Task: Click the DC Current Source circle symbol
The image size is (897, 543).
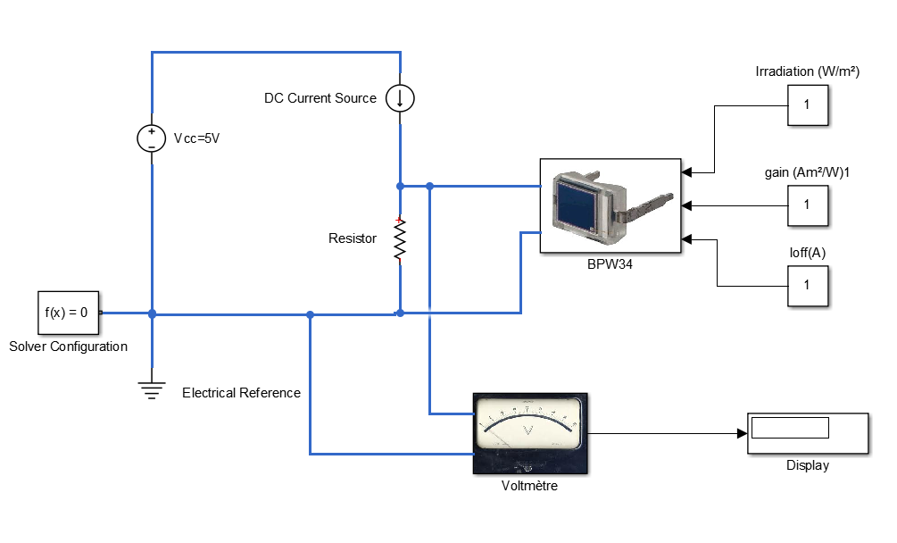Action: (x=400, y=98)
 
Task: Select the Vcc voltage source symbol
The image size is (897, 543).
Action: (x=152, y=138)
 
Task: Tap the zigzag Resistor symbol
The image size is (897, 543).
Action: (x=400, y=240)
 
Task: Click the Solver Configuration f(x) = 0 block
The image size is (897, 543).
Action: (x=67, y=313)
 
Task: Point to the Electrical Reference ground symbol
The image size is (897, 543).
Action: (x=153, y=388)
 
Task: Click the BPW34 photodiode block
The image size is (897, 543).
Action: (x=610, y=206)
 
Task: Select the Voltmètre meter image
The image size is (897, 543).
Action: (x=529, y=434)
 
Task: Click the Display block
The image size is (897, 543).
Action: (x=808, y=433)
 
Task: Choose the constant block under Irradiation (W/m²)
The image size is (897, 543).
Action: (x=808, y=105)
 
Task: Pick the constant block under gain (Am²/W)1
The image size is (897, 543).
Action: (x=808, y=205)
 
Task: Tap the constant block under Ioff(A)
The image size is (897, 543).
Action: (x=808, y=285)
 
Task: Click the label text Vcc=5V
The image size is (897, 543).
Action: (x=196, y=138)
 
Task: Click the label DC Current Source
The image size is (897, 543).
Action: (x=320, y=98)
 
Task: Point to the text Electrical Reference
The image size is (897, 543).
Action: (x=241, y=393)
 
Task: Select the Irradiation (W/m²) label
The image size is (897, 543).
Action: (x=807, y=71)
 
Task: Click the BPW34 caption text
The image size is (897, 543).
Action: (x=610, y=264)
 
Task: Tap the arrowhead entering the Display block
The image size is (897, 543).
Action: (x=742, y=433)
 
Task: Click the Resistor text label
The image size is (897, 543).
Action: (x=353, y=238)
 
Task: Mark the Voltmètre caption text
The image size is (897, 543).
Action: (x=529, y=486)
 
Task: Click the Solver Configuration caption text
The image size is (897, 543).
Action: (x=68, y=347)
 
